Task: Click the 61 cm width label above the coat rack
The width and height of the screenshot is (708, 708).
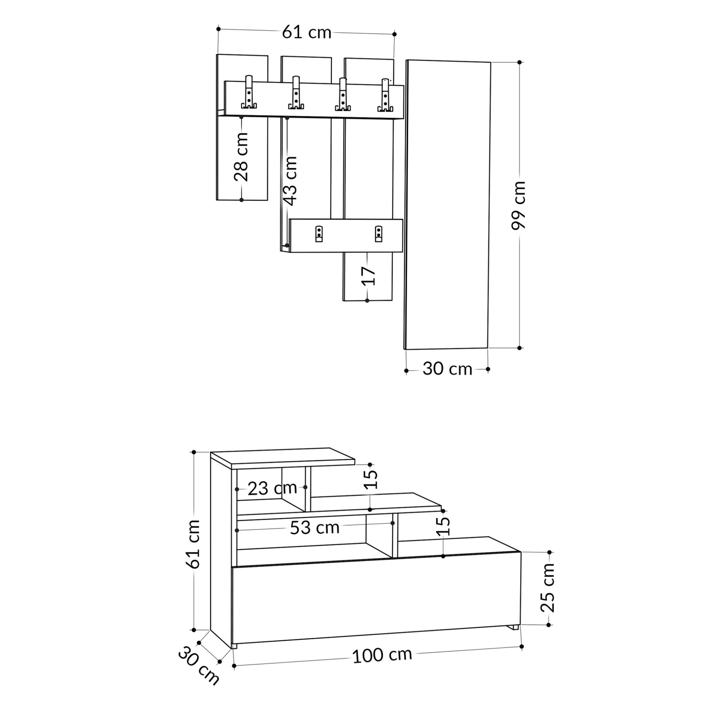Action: coord(307,33)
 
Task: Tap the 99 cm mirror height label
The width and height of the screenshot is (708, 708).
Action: coord(519,205)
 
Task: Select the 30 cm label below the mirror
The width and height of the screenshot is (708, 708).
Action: coord(447,369)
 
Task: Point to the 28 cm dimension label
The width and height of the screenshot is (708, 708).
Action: coord(241,157)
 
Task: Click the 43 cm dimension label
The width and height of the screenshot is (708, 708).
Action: coord(291,181)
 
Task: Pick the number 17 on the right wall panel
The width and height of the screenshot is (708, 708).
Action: coord(368,276)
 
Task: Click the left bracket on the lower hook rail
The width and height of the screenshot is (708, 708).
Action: coord(319,234)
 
